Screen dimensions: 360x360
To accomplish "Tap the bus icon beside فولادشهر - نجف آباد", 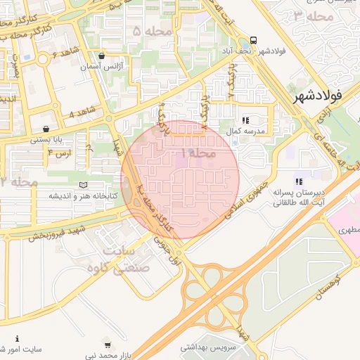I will [x=253, y=40].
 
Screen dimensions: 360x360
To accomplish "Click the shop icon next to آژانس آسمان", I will [x=102, y=56].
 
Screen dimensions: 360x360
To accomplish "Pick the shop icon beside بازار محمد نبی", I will [x=107, y=345].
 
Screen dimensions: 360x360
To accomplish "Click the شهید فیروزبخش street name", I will [x=56, y=233].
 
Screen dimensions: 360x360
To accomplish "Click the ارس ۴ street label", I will [x=60, y=153].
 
